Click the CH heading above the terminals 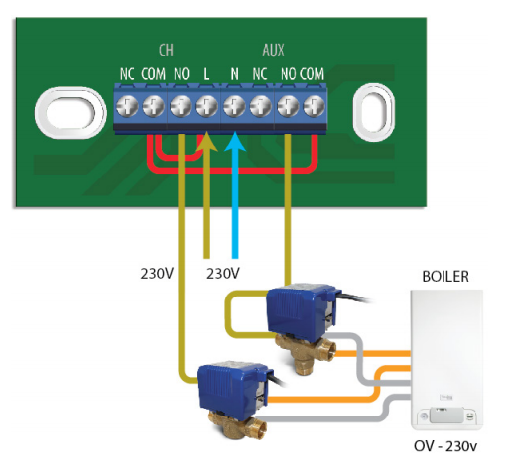click(166, 50)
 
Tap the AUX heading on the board click(273, 50)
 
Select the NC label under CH click(127, 74)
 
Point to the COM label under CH click(153, 74)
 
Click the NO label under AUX click(288, 74)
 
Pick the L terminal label click(206, 74)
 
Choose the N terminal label click(234, 74)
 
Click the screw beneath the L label click(207, 106)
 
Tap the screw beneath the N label click(234, 106)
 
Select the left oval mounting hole click(70, 113)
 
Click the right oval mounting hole click(374, 112)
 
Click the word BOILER click(445, 277)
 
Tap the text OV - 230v click(445, 446)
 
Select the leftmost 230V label click(157, 274)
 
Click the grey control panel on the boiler click(445, 416)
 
